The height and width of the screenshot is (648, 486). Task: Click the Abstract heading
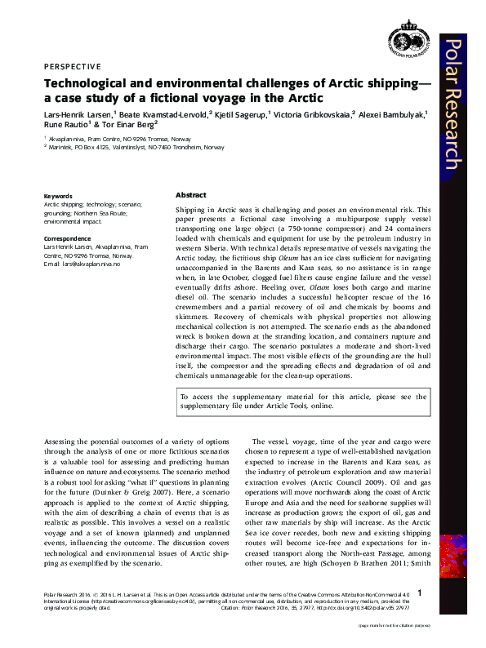pos(190,196)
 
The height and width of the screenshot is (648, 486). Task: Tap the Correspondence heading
pos(67,238)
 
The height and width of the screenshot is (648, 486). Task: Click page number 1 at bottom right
pos(419,593)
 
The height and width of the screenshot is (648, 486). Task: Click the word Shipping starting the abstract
pos(190,211)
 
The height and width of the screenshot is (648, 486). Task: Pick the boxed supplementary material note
pos(303,400)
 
